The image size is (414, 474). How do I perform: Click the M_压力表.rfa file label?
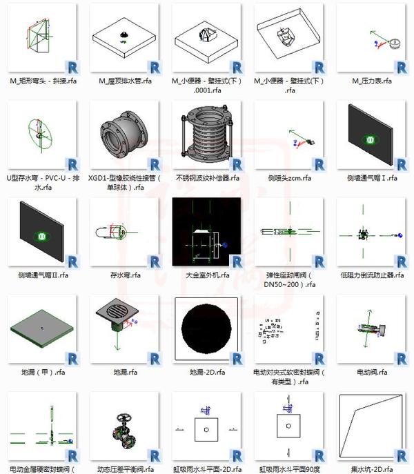coord(373,81)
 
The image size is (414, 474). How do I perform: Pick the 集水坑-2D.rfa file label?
coord(373,470)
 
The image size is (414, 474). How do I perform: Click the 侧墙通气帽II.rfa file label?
coord(43,275)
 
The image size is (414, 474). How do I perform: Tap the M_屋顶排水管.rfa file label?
coord(124,81)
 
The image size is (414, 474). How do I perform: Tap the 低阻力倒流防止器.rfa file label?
coord(373,275)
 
